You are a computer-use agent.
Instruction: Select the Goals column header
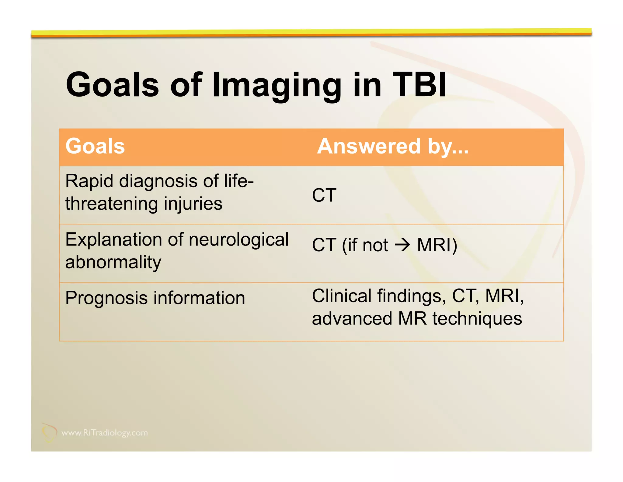[95, 146]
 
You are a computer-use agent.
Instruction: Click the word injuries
[193, 204]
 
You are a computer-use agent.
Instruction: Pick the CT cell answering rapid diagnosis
[324, 195]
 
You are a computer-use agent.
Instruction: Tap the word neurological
[238, 239]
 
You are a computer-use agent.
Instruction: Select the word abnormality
[113, 262]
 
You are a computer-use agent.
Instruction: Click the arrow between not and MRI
[402, 245]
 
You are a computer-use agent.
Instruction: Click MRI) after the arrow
[437, 245]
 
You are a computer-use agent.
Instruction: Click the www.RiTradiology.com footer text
[104, 433]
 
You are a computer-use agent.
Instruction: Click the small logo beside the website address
[49, 432]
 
